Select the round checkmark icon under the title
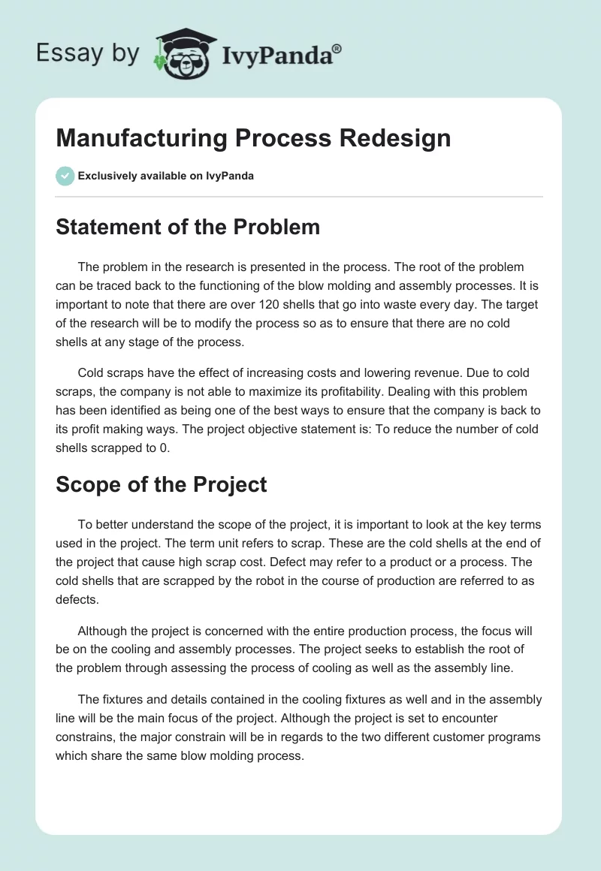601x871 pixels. pos(65,176)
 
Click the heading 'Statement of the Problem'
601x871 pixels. pos(188,227)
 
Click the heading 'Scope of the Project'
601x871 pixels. pos(162,484)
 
